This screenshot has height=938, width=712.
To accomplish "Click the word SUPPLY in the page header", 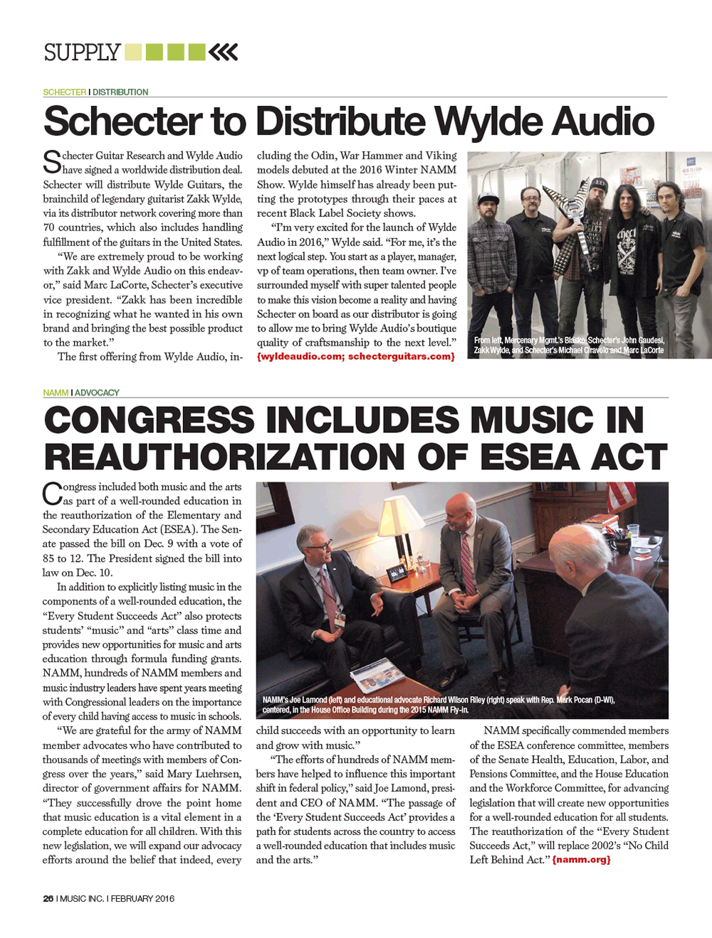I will pos(82,53).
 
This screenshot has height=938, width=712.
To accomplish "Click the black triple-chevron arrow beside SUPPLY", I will pos(224,52).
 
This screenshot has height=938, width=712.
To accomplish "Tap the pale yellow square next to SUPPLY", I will pos(132,52).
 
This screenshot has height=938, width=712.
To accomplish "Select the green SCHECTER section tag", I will pos(64,92).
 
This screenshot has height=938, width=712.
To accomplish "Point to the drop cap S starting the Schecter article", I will pos(51,162).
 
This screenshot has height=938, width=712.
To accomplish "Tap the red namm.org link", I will pos(581,860).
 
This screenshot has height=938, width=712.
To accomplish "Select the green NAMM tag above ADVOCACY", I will pos(55,393).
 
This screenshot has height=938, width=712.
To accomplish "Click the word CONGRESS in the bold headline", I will pos(150,420).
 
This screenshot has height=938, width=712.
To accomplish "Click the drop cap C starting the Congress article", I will pos(51,493).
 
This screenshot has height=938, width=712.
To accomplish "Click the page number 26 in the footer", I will pos(48,898).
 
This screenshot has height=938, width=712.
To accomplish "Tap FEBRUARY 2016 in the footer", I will pos(142,898).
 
